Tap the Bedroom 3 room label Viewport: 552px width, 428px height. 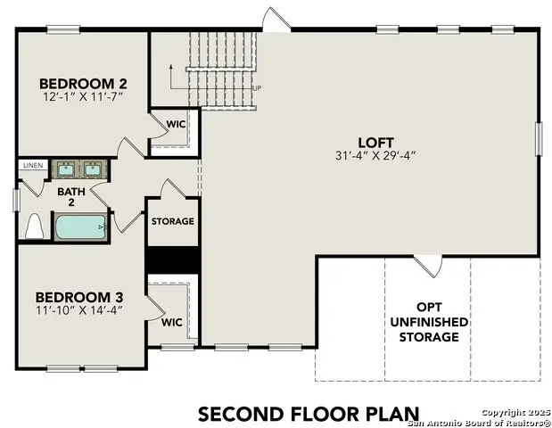click(79, 296)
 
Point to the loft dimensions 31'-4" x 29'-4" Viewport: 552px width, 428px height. click(375, 155)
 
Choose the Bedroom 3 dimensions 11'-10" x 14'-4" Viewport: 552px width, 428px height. click(79, 309)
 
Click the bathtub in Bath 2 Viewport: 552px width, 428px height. click(81, 226)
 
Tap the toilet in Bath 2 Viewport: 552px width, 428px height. click(36, 227)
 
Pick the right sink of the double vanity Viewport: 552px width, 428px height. click(93, 169)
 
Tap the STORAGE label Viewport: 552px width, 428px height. click(172, 221)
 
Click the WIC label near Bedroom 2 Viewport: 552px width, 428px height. click(176, 124)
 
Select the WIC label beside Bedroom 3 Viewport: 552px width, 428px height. click(172, 323)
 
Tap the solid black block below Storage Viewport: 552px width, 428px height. click(172, 258)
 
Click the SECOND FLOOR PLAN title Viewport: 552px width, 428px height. click(308, 413)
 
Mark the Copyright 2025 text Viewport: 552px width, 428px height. click(515, 412)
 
